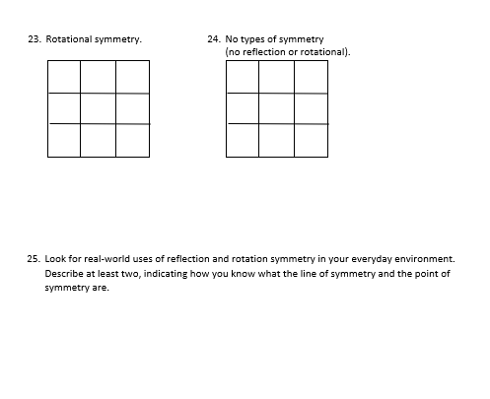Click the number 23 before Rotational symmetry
pos(34,39)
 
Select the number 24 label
pos(214,39)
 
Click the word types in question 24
pos(254,39)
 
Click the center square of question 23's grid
pos(98,108)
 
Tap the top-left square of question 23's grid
pos(63,77)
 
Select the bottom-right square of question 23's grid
pos(132,140)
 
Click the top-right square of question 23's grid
pos(132,77)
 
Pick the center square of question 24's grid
pos(276,108)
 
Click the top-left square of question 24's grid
pos(243,77)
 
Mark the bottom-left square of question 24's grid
pos(243,140)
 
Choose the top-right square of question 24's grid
pos(311,77)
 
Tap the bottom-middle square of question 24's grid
pos(276,140)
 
